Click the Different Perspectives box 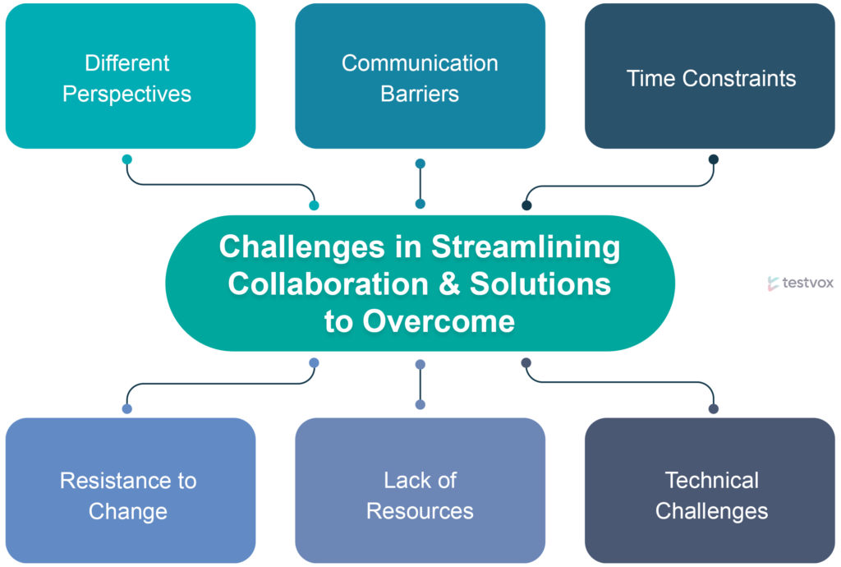tap(131, 76)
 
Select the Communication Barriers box tap(420, 76)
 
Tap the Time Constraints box tap(710, 76)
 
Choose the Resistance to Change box tap(131, 491)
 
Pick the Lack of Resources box tap(420, 491)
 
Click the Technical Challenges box tap(710, 491)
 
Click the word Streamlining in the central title tap(526, 247)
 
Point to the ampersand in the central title tap(449, 283)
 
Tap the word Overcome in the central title tap(439, 321)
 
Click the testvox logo tap(800, 283)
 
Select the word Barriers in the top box tap(420, 94)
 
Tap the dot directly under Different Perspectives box tap(127, 159)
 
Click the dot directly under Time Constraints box tap(714, 159)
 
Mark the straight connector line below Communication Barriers tap(420, 183)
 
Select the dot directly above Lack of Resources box tap(420, 404)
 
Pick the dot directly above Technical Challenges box tap(714, 408)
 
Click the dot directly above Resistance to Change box tap(127, 408)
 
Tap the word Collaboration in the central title tap(329, 283)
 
